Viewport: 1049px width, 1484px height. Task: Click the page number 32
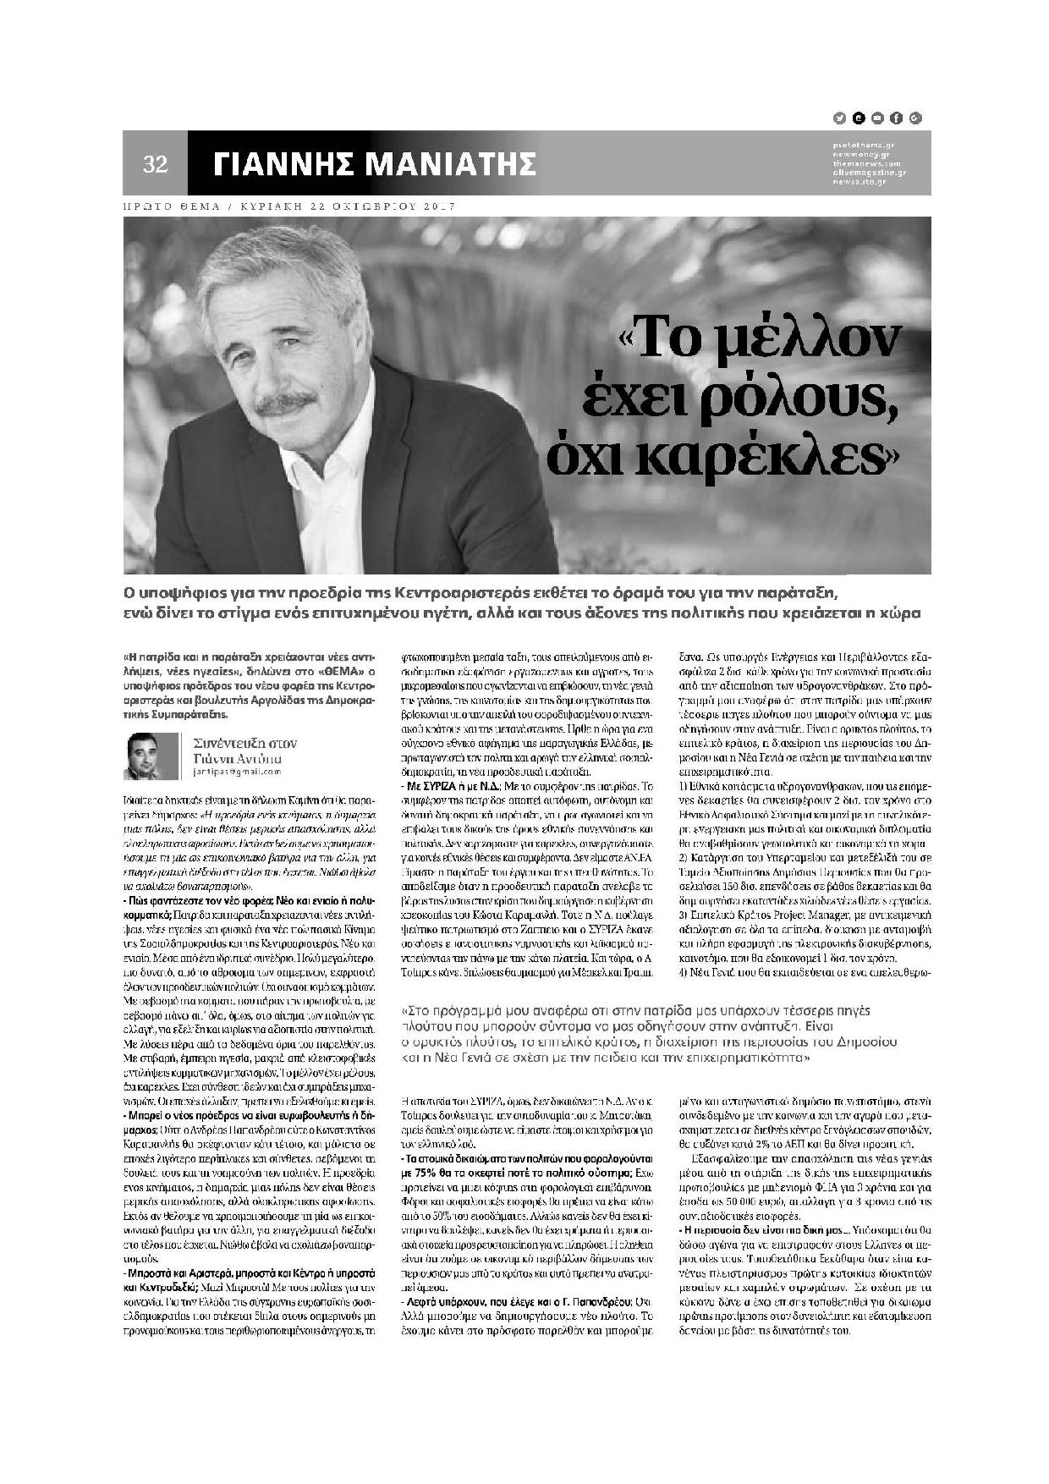pyautogui.click(x=156, y=164)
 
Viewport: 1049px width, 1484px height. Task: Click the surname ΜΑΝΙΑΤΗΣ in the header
pyautogui.click(x=455, y=164)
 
